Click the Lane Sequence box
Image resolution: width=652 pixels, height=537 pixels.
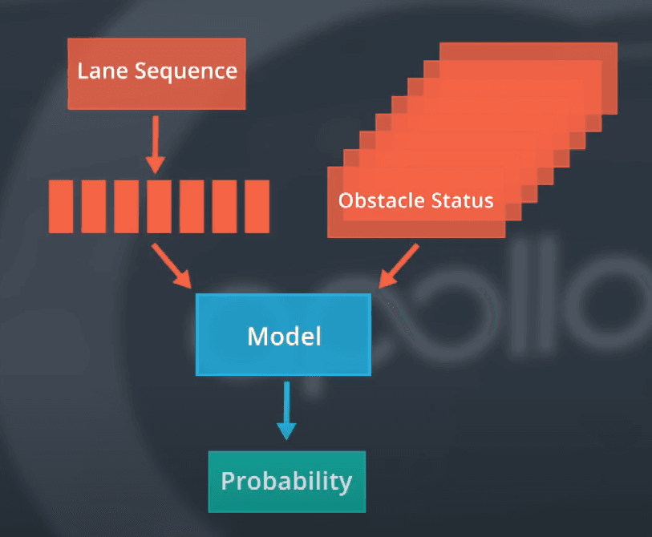pos(156,72)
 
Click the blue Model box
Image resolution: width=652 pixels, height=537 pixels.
pos(284,335)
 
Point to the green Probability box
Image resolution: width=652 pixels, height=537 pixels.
pos(286,482)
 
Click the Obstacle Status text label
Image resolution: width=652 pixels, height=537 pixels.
pos(415,200)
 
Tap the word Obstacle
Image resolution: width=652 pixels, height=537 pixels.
pos(376,200)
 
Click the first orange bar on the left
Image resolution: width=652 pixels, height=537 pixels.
pos(61,206)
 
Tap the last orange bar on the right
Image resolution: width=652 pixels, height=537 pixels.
pos(257,206)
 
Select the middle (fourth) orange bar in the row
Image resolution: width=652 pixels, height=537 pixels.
pos(159,206)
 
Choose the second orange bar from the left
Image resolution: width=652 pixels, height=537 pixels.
pos(94,206)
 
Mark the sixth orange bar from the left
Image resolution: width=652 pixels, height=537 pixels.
pos(224,206)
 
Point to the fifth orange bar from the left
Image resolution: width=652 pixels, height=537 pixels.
pos(192,206)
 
